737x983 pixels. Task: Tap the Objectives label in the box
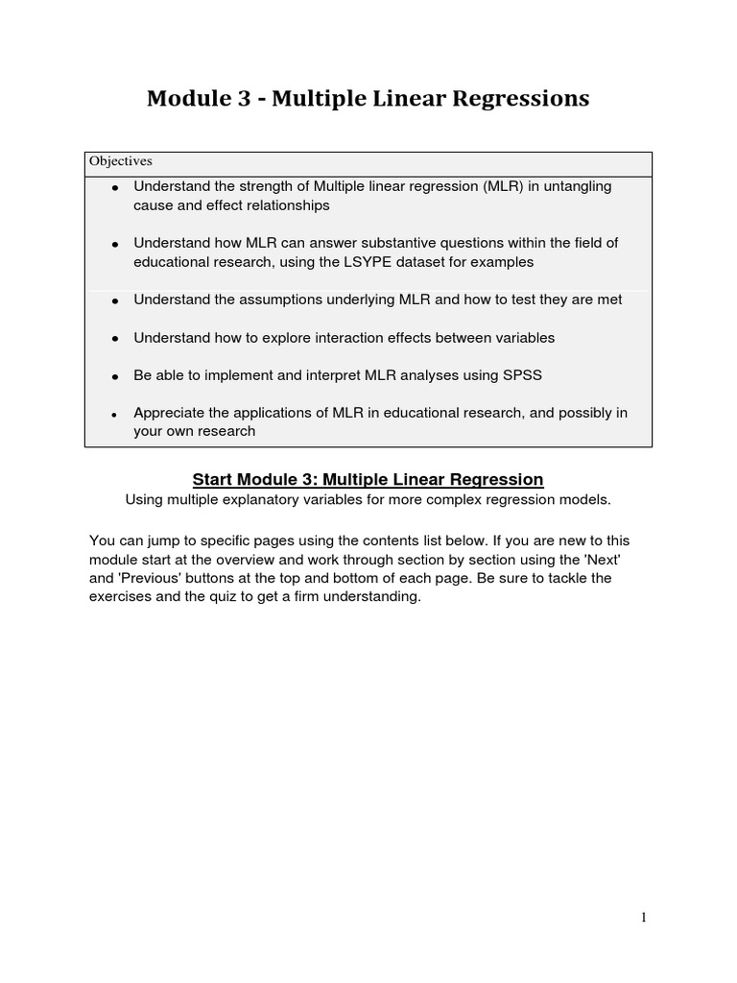click(121, 161)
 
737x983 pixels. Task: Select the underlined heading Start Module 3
click(368, 479)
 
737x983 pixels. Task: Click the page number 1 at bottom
click(644, 918)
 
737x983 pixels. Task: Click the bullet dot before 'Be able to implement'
click(115, 376)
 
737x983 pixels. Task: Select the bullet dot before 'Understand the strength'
click(115, 187)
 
